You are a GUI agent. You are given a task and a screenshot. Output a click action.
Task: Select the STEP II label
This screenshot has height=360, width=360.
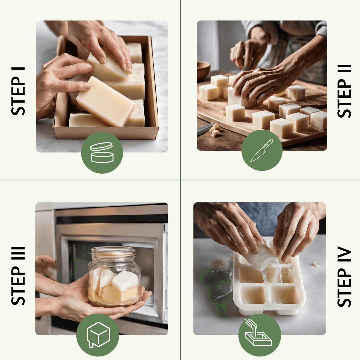[344, 91]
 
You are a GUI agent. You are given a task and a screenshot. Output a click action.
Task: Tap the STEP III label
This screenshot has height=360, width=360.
[18, 276]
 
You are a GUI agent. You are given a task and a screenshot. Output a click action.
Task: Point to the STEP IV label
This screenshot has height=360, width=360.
[344, 276]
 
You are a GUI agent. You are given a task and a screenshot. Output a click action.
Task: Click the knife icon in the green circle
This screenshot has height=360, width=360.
[262, 150]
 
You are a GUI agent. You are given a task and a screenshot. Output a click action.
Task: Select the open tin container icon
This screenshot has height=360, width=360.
[102, 153]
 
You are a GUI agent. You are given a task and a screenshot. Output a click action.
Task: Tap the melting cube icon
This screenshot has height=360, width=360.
[98, 334]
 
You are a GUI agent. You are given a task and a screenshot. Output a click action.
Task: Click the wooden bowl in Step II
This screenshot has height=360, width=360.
[203, 70]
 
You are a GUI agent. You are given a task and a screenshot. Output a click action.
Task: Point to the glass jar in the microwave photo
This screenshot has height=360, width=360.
[114, 277]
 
